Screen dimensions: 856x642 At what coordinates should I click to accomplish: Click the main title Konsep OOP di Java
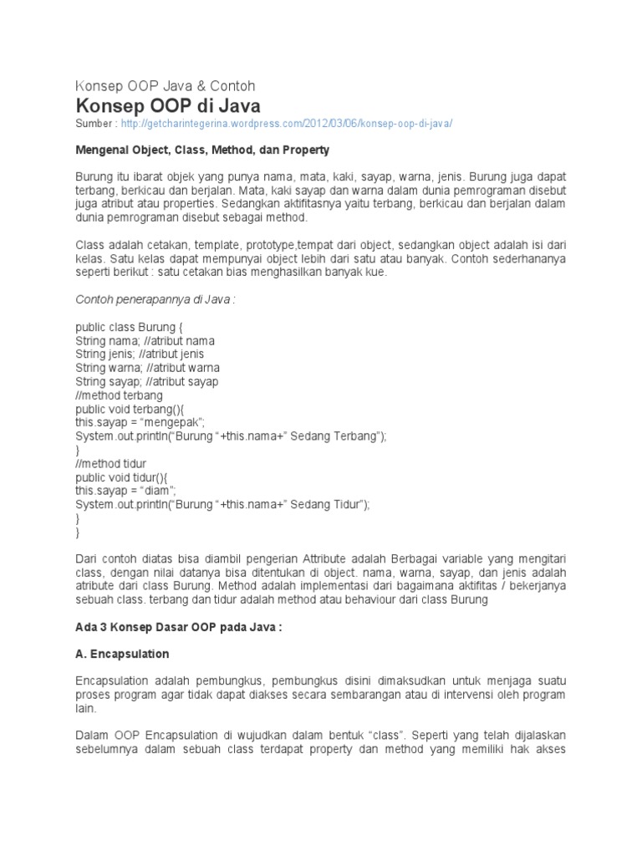[168, 106]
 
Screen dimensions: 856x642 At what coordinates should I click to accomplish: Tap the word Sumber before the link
[95, 124]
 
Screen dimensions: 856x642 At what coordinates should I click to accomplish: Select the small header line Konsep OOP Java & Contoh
[166, 86]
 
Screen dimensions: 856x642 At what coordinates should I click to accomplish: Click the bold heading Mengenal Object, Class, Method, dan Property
[202, 150]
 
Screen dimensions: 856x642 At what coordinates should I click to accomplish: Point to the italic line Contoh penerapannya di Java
[155, 300]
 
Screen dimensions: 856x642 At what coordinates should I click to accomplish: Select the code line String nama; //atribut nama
[145, 341]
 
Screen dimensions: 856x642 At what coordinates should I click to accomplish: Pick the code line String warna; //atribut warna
[148, 368]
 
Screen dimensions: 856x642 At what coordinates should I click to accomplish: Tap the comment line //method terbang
[120, 395]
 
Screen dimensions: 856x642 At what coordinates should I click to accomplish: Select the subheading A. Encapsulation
[122, 654]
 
